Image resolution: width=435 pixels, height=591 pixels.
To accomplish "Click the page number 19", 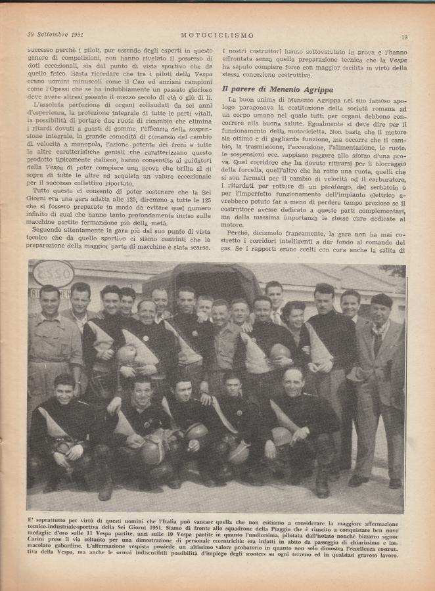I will click(404, 37).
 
